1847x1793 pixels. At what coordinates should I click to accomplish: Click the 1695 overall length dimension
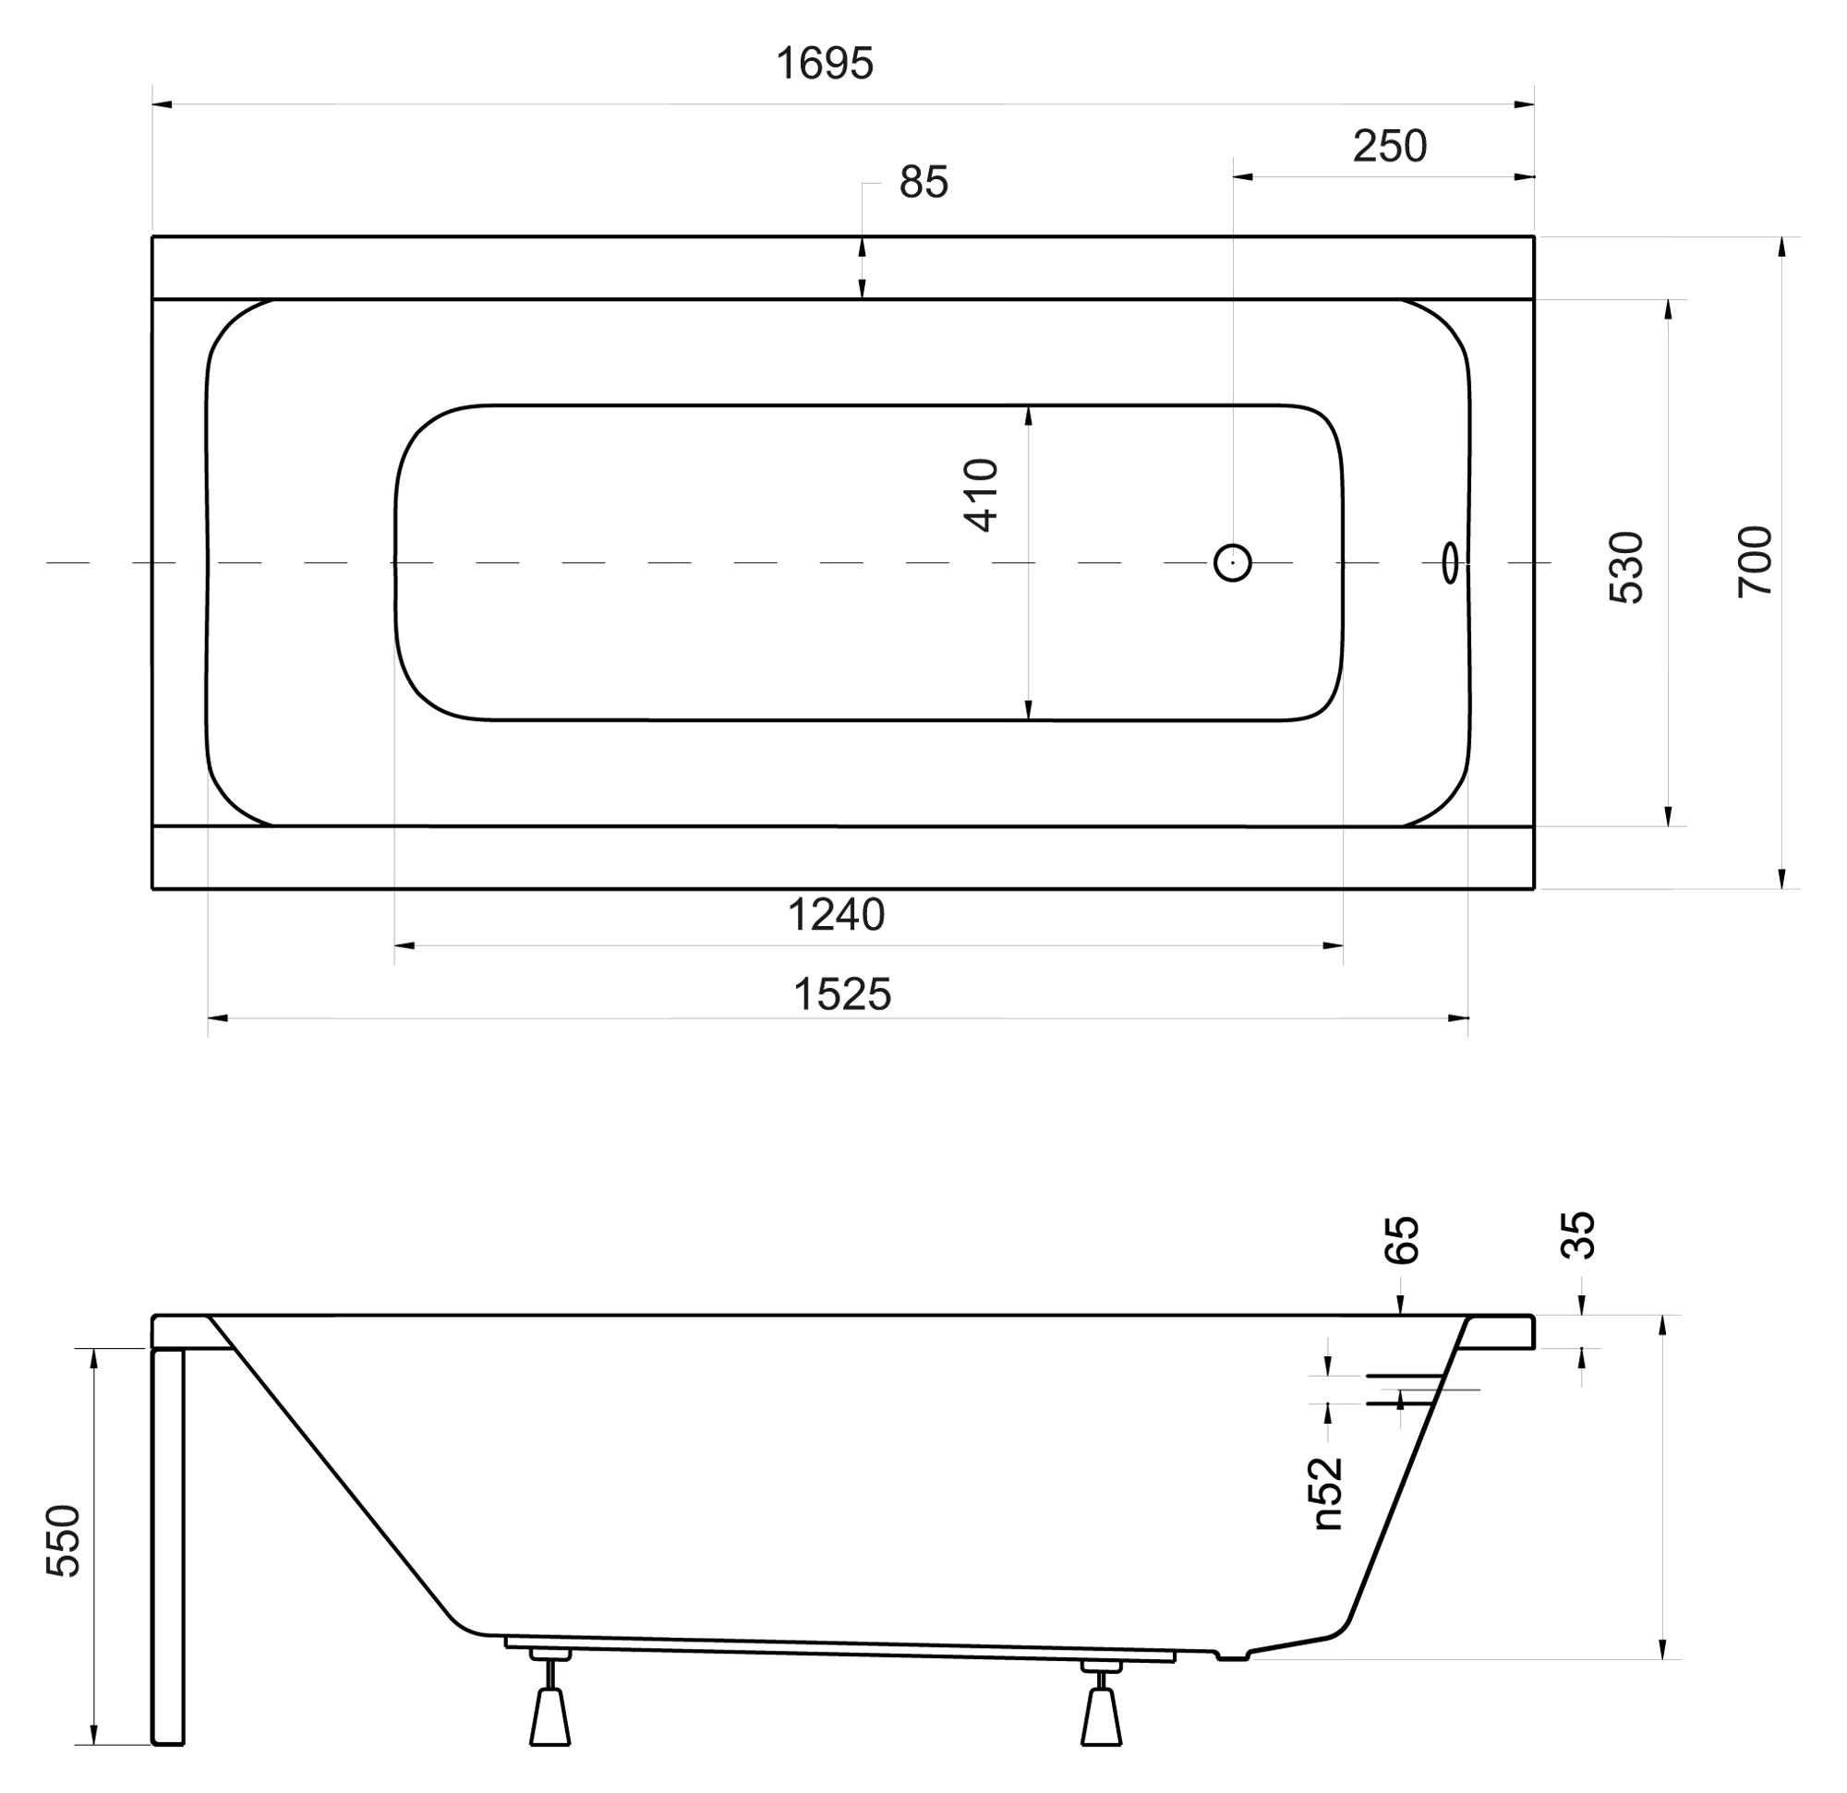point(825,64)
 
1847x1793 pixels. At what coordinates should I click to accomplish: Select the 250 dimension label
point(1390,147)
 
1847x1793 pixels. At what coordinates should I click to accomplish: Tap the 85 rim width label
point(923,183)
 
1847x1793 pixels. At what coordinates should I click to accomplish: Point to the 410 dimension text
point(981,496)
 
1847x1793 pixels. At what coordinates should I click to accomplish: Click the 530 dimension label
point(1626,567)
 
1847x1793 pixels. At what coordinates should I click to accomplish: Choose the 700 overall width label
point(1755,561)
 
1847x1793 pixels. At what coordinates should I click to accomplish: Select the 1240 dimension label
point(836,915)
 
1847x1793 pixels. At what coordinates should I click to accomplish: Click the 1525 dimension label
point(842,995)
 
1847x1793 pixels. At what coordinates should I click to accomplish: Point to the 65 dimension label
point(1401,1239)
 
